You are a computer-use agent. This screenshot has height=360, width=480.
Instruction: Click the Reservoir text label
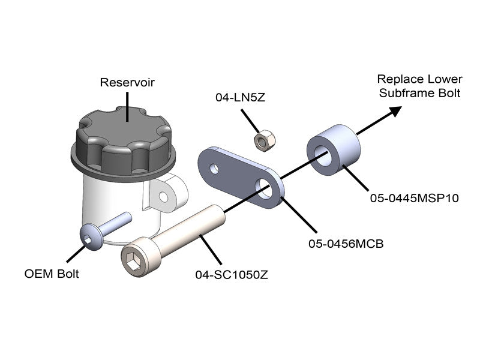pos(127,82)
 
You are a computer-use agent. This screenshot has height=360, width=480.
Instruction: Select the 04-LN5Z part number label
pos(239,97)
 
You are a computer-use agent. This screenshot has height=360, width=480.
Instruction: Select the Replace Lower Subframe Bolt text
pos(419,86)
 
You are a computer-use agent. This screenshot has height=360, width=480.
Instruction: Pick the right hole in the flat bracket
pos(265,190)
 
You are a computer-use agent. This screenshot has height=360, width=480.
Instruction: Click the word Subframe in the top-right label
pos(402,93)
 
